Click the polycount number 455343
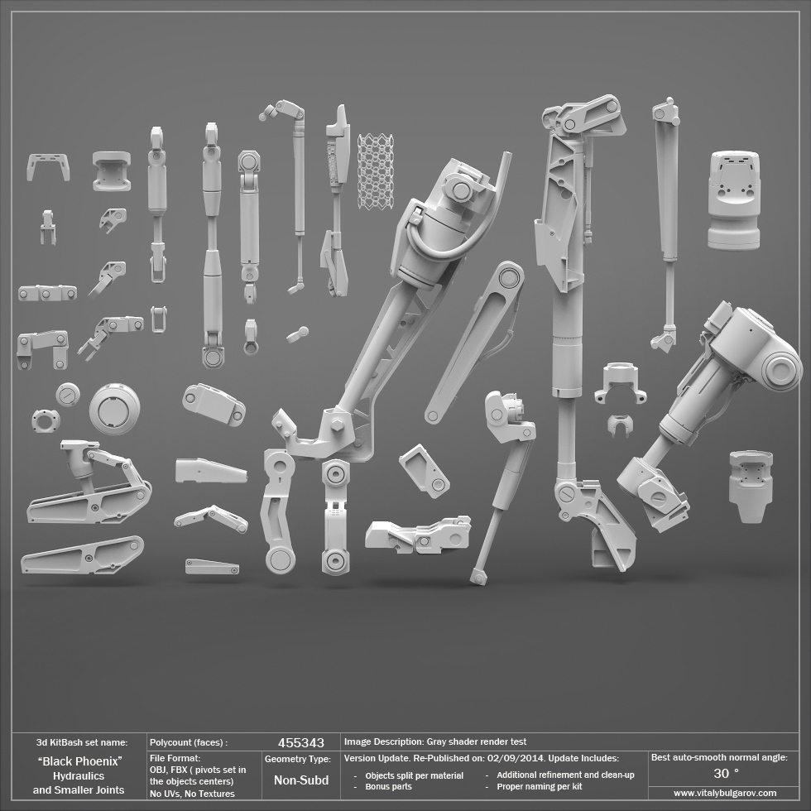click(x=301, y=743)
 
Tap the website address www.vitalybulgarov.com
click(x=725, y=793)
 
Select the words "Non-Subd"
click(x=301, y=780)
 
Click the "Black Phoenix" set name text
click(x=79, y=761)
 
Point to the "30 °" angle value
click(x=726, y=774)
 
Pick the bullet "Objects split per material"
click(x=415, y=775)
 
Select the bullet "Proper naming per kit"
click(x=540, y=786)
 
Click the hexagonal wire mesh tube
click(x=375, y=171)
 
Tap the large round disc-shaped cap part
click(x=114, y=409)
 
